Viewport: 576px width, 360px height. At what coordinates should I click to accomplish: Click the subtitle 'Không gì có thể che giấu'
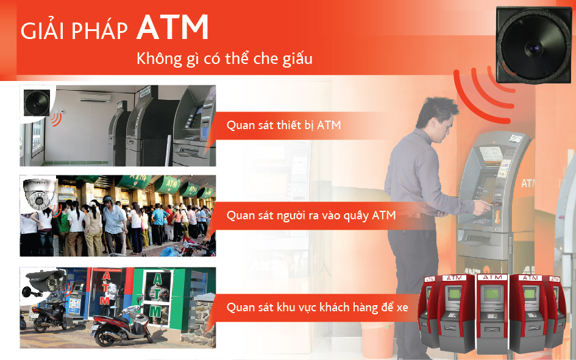[224, 59]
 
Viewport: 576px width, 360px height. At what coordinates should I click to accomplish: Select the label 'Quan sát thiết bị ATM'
[283, 125]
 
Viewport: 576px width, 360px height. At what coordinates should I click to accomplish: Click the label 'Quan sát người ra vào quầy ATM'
[311, 215]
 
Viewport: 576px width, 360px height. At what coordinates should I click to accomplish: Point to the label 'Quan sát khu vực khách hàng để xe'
[317, 307]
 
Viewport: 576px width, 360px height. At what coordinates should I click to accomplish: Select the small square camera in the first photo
[36, 102]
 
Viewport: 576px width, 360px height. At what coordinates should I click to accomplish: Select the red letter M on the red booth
[105, 300]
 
